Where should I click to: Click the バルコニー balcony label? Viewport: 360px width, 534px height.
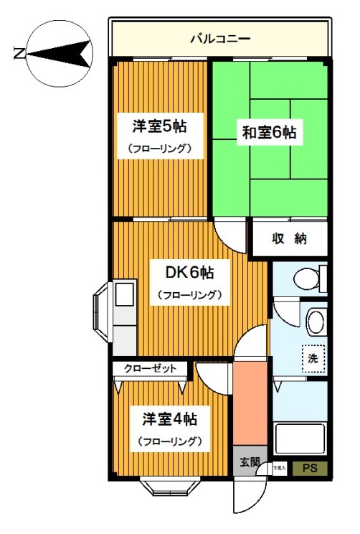(x=219, y=38)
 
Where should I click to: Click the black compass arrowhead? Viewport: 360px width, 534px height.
(x=72, y=52)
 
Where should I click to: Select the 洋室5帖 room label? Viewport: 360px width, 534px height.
(x=159, y=127)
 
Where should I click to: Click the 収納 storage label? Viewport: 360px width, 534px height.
(x=288, y=239)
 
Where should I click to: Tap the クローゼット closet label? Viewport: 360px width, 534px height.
(x=150, y=368)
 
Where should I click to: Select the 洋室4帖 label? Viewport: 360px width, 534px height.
(x=169, y=418)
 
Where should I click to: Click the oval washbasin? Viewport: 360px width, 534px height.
(x=315, y=320)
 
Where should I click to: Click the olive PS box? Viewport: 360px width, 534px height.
(x=309, y=469)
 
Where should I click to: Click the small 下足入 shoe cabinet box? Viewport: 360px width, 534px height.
(x=279, y=469)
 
